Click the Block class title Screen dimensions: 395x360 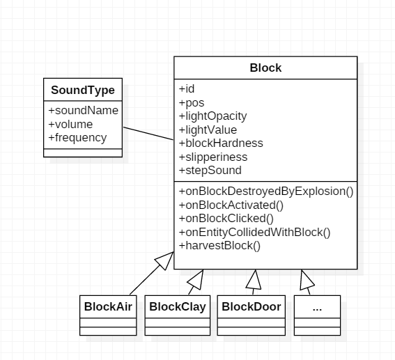(x=265, y=68)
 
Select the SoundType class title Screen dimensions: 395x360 (x=83, y=90)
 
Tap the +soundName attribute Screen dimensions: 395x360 (x=84, y=110)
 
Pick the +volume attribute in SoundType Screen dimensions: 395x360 (x=70, y=124)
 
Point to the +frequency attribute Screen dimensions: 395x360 (x=77, y=138)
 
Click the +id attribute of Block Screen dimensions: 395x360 (x=187, y=89)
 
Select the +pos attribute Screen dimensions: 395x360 (x=192, y=103)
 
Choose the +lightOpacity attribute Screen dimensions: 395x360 (x=213, y=116)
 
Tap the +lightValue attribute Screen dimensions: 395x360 (x=208, y=130)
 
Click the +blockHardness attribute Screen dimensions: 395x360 (x=221, y=143)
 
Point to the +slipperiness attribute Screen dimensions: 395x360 (x=213, y=157)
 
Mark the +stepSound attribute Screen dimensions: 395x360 (x=210, y=170)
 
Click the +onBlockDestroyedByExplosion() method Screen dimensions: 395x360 (x=266, y=191)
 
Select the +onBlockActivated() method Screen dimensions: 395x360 (x=231, y=205)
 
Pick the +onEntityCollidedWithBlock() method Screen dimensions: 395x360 (x=255, y=232)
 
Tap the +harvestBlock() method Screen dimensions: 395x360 (x=219, y=245)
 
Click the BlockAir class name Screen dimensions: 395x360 (x=108, y=306)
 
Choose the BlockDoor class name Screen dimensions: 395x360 (x=251, y=306)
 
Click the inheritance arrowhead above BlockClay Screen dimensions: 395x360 (x=196, y=280)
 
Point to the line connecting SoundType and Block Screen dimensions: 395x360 (x=148, y=134)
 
